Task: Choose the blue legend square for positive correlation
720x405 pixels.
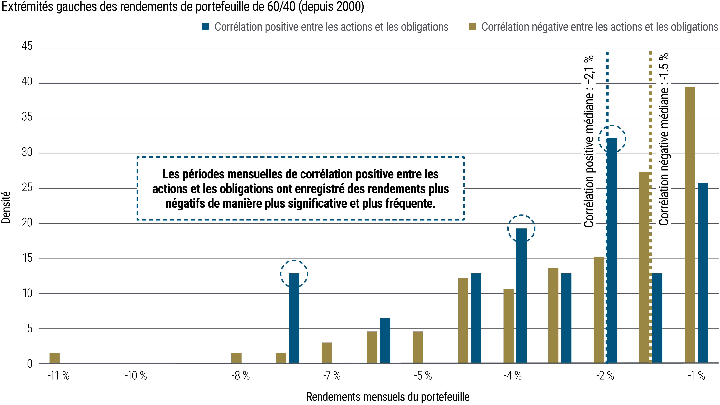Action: tap(205, 27)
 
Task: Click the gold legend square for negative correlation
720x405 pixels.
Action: tap(472, 27)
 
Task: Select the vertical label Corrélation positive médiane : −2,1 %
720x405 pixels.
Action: tap(589, 141)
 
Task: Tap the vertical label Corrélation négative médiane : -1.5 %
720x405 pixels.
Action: tap(664, 139)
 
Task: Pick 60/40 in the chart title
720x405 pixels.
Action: tap(281, 7)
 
